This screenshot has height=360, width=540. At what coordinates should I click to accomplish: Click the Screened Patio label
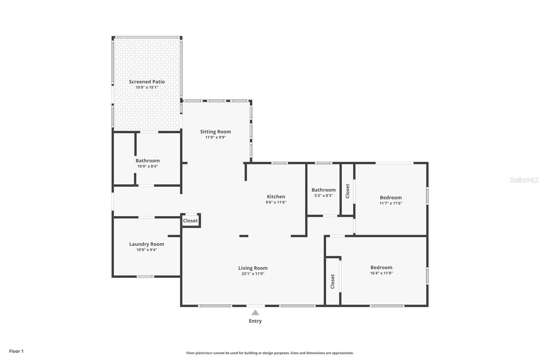click(x=147, y=82)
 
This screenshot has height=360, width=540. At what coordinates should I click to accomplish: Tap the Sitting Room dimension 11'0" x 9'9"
click(x=215, y=137)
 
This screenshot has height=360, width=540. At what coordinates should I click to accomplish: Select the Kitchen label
click(x=276, y=197)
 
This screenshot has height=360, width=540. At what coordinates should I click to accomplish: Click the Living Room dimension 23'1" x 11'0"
click(x=252, y=274)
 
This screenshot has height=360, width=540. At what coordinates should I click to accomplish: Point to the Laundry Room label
click(x=146, y=244)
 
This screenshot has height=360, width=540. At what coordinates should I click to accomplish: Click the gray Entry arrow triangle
click(x=255, y=313)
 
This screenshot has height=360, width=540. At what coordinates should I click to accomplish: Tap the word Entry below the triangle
click(x=255, y=321)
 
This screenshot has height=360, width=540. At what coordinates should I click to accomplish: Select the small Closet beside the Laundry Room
click(x=190, y=221)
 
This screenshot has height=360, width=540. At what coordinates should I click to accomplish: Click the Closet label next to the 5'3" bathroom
click(x=348, y=191)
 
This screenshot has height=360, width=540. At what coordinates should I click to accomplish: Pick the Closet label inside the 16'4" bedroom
click(x=332, y=281)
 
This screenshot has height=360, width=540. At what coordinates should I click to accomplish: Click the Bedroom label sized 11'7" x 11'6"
click(x=390, y=198)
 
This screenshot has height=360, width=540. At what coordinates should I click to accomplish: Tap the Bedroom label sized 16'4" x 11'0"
click(x=381, y=267)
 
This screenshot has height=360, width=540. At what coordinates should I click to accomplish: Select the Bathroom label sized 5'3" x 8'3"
click(x=323, y=190)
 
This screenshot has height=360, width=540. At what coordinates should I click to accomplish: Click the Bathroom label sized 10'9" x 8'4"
click(x=147, y=161)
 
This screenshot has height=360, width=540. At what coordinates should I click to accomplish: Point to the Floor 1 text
click(x=16, y=351)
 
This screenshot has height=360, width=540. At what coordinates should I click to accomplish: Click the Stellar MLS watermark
click(x=524, y=180)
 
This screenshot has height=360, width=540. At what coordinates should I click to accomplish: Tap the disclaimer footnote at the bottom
click(x=270, y=353)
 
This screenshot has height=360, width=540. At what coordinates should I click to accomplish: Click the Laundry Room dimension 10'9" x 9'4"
click(x=146, y=250)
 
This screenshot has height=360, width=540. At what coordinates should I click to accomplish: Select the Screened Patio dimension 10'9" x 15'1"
click(x=147, y=87)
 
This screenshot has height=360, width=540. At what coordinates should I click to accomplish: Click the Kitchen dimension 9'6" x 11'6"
click(x=276, y=202)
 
